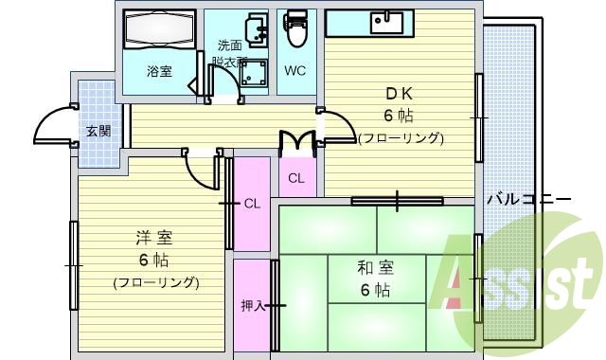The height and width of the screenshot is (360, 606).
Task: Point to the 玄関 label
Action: pos(98,131)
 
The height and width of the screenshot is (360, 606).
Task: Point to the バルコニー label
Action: pos(528,200)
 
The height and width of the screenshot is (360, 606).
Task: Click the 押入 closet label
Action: pos(252,305)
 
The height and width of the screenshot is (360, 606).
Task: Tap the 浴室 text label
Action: pos(158,71)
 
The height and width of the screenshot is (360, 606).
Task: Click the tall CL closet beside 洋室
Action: pos(252,203)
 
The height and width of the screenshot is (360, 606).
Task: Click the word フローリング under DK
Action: pos(401,138)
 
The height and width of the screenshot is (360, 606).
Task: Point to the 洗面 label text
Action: pos(229,45)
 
